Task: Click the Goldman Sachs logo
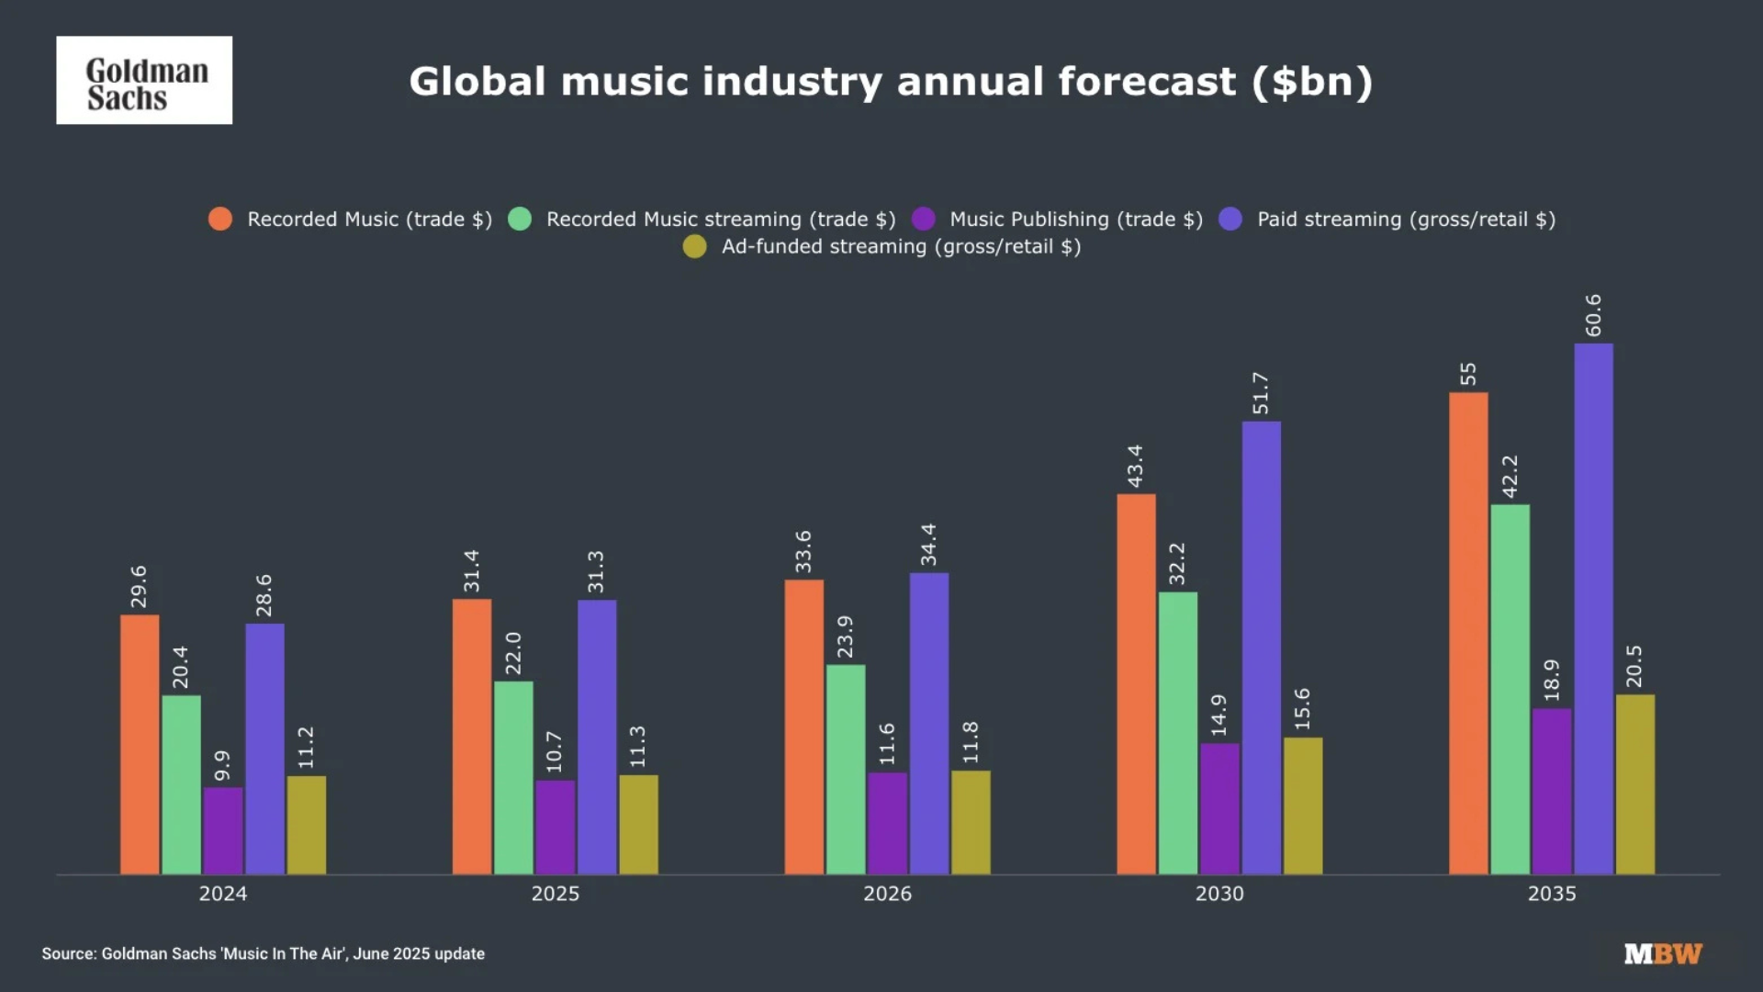144,81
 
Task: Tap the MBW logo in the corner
1663,953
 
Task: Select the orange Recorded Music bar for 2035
1468,634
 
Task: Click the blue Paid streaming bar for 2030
1261,648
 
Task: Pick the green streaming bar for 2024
181,784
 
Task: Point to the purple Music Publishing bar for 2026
887,823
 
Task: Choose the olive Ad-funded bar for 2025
638,824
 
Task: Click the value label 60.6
1593,315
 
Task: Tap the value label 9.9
222,765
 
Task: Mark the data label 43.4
1136,466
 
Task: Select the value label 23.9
845,637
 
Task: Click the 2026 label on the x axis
887,894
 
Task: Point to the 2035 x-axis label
1551,894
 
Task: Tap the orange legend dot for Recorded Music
220,220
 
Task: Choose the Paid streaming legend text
1405,220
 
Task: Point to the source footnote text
263,953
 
